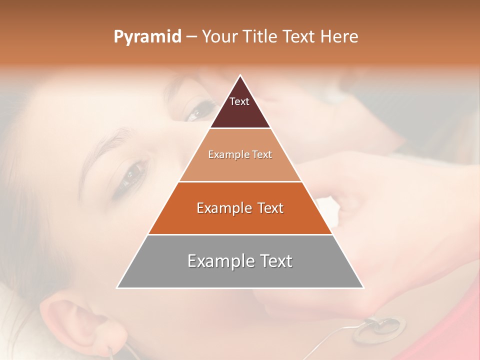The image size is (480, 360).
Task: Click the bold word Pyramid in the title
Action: click(147, 37)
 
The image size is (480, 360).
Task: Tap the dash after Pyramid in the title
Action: click(191, 37)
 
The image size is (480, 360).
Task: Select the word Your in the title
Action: click(219, 37)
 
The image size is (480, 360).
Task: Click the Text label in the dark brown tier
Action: click(239, 101)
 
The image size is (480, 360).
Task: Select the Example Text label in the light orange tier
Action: click(240, 154)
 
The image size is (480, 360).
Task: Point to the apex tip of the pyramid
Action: click(240, 76)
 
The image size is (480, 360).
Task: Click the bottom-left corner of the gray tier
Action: click(118, 287)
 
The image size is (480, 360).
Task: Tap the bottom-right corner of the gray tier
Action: click(362, 287)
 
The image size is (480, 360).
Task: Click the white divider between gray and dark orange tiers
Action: click(240, 234)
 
